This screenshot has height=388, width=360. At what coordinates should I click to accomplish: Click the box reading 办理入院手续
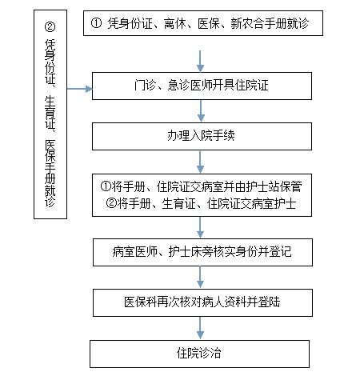click(x=202, y=136)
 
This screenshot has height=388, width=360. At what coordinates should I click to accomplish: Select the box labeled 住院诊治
click(x=199, y=354)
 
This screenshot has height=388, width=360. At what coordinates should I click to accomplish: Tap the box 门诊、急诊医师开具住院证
click(x=202, y=86)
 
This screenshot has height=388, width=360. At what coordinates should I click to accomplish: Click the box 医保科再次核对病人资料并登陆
click(x=202, y=302)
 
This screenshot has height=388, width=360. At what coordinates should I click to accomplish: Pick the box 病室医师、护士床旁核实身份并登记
click(x=202, y=252)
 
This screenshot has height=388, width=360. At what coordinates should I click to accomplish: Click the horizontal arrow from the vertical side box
click(x=79, y=89)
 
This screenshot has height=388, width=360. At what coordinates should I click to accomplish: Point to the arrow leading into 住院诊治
click(x=200, y=328)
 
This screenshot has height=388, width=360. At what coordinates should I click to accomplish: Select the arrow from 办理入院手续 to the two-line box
click(x=200, y=162)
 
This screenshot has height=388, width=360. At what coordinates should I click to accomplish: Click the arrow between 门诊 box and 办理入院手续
click(x=201, y=111)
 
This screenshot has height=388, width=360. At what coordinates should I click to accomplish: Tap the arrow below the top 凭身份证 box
click(x=200, y=62)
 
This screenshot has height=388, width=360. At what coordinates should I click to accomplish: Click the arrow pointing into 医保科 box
click(x=200, y=278)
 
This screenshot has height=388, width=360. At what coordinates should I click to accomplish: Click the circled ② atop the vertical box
click(x=50, y=26)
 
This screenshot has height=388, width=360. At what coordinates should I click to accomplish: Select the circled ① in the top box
click(x=96, y=23)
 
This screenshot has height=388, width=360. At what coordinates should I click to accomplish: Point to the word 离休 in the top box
click(x=175, y=23)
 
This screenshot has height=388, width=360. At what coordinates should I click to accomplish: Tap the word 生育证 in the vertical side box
click(x=50, y=112)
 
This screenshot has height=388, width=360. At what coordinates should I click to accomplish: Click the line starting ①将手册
click(x=202, y=186)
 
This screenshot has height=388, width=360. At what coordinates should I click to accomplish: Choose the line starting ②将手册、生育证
click(x=201, y=204)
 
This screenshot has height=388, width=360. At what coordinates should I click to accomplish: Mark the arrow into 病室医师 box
click(x=200, y=227)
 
